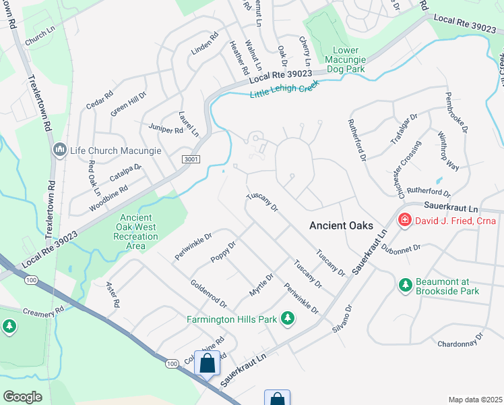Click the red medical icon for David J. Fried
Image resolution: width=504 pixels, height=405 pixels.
click(x=404, y=220)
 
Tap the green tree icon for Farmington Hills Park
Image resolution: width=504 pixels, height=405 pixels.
click(x=288, y=317)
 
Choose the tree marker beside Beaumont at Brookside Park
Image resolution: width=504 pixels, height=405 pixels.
click(x=405, y=286)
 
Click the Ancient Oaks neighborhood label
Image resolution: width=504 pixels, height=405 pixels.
click(x=342, y=226)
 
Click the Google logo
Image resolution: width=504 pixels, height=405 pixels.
click(x=22, y=397)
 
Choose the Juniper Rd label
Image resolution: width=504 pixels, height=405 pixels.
click(x=161, y=128)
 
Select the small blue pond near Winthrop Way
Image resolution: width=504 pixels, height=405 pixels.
click(x=439, y=181)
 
